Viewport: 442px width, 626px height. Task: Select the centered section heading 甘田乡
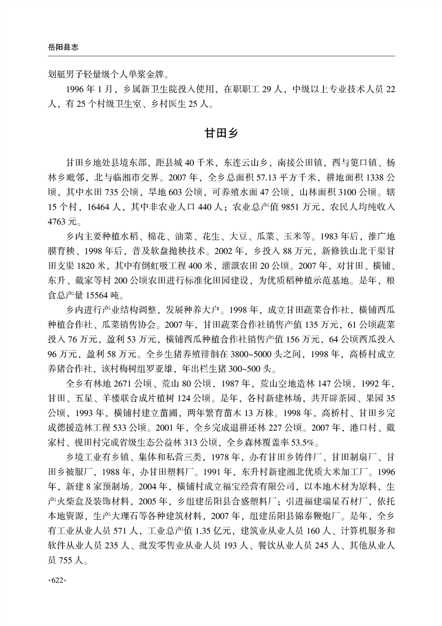221,137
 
